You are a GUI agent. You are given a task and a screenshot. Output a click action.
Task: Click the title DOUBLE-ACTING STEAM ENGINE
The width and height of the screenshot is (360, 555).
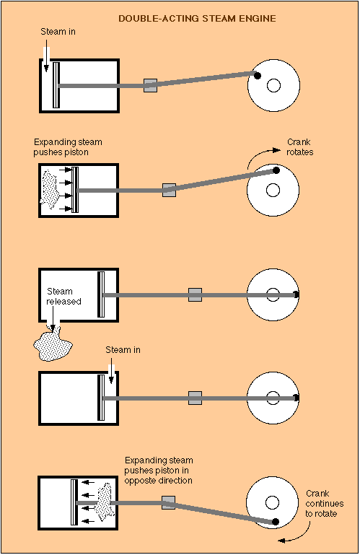click(197, 19)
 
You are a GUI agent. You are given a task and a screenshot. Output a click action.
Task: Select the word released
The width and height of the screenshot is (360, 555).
click(63, 301)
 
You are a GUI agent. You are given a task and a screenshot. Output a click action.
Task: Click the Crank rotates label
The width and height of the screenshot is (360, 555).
click(300, 147)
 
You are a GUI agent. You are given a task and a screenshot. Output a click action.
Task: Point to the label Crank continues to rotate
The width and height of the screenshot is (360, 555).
click(324, 503)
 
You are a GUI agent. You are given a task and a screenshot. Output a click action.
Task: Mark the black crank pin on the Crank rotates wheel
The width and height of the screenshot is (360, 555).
click(276, 170)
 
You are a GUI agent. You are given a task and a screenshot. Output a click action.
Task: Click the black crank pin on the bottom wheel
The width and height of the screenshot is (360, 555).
click(275, 522)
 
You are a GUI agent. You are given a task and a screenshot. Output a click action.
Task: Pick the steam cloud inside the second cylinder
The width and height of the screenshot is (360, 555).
click(48, 189)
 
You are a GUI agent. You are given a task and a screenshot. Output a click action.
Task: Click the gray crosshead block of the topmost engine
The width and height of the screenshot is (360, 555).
click(151, 85)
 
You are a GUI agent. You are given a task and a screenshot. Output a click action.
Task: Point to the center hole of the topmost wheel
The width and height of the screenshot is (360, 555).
click(273, 85)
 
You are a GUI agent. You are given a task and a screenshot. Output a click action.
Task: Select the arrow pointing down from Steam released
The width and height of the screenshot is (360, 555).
click(53, 319)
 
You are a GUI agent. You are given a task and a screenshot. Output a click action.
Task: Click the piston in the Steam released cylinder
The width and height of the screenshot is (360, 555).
click(101, 294)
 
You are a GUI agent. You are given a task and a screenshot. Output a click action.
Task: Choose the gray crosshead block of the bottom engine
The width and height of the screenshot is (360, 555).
click(169, 502)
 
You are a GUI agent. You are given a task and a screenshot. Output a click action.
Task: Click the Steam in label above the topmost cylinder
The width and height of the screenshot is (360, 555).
click(58, 32)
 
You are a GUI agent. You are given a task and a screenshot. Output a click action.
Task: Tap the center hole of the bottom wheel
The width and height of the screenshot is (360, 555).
click(272, 502)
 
